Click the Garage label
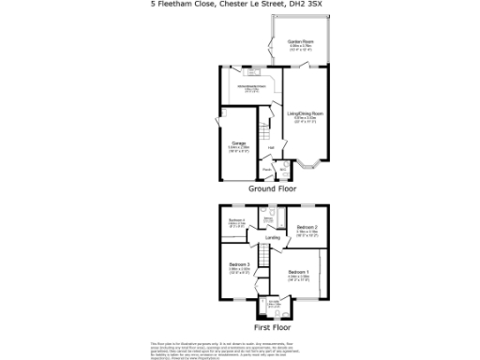[239, 144]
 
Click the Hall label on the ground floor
[271, 148]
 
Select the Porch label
[267, 170]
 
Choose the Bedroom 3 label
[239, 266]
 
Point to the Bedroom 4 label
[237, 221]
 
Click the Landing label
[273, 238]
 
